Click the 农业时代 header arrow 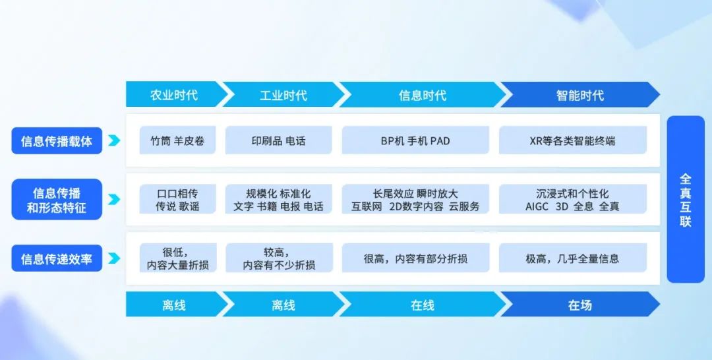tap(175, 94)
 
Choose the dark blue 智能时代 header tap(580, 94)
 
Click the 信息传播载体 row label tap(57, 140)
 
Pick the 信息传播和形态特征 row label tap(57, 199)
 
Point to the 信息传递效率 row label tap(57, 258)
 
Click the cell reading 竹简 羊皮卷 tap(177, 140)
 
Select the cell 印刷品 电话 tap(279, 140)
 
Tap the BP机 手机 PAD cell tap(415, 140)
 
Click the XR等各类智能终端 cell tap(573, 140)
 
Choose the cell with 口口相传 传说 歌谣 tap(177, 199)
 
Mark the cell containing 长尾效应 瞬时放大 tap(415, 199)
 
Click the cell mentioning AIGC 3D tap(573, 199)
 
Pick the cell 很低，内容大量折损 tap(178, 258)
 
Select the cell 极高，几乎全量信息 tap(573, 258)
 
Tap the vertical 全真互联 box tap(686, 199)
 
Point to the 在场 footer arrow tap(580, 304)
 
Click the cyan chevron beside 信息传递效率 tap(114, 258)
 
